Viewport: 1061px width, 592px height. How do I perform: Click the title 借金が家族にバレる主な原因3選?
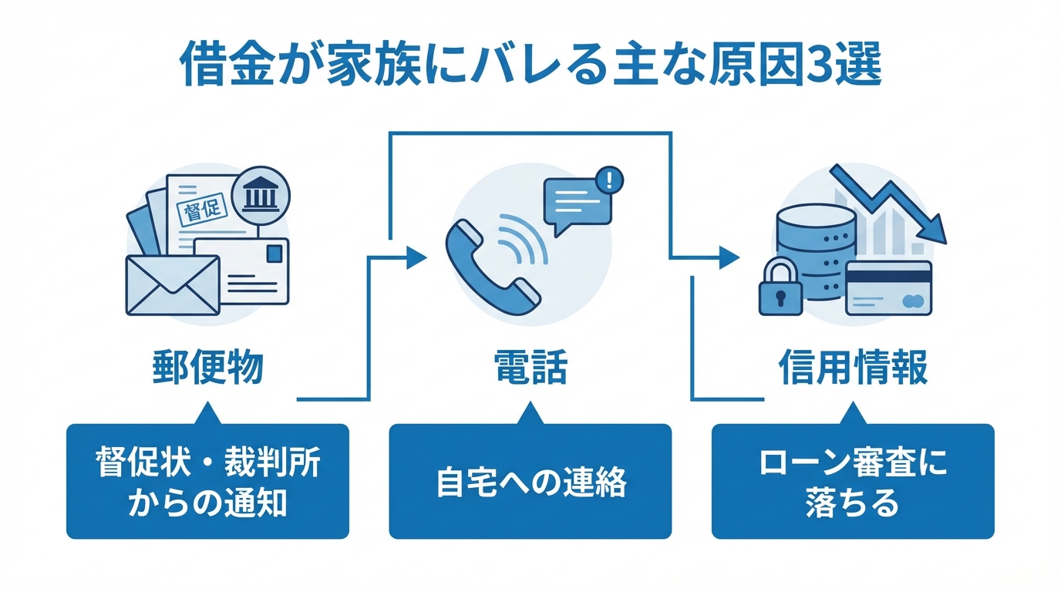pos(530,69)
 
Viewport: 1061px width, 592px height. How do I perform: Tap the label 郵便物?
pos(207,368)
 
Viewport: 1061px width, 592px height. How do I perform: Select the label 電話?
pos(530,368)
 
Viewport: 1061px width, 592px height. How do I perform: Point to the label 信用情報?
pos(852,368)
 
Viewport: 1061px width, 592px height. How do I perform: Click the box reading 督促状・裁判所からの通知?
pos(207,482)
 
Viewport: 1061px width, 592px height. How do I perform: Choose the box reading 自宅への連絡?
pos(530,482)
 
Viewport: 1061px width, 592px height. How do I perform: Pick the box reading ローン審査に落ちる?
pos(852,482)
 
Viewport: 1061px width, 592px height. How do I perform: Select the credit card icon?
pos(888,288)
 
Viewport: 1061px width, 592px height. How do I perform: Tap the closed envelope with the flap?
pos(172,285)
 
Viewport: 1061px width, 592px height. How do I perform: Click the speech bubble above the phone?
pos(577,202)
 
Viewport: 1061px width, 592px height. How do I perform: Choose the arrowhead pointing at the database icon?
pos(729,257)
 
